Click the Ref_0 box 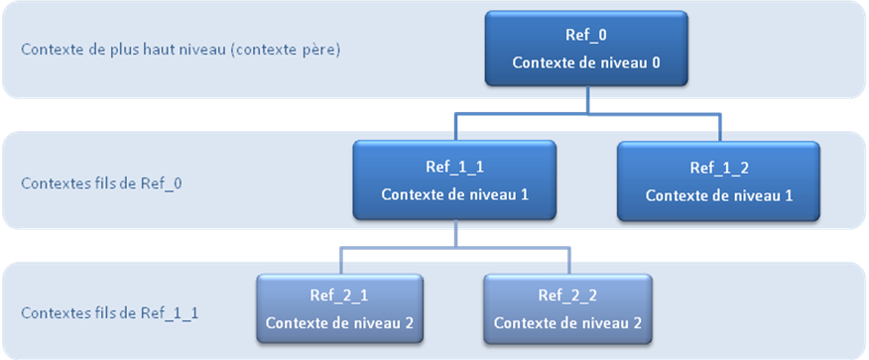[586, 48]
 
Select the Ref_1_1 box [454, 179]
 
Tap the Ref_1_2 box [719, 180]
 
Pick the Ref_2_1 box [339, 309]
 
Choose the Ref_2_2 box [567, 309]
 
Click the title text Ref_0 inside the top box [586, 36]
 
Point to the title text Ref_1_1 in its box [454, 167]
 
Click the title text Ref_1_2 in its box [719, 168]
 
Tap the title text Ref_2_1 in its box [339, 297]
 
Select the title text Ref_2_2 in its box [567, 297]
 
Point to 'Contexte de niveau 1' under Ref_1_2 [719, 194]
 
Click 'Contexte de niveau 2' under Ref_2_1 [339, 323]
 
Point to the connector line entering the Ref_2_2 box [569, 260]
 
